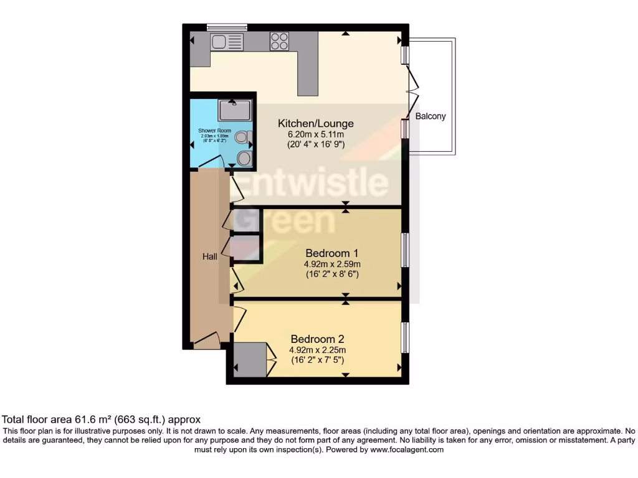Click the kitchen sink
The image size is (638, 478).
click(227, 42)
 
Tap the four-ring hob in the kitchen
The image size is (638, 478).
click(279, 42)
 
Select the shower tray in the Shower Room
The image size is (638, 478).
click(234, 110)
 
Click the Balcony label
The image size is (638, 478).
click(431, 116)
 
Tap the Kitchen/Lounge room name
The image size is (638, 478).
click(315, 123)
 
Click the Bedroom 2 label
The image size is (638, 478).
click(317, 339)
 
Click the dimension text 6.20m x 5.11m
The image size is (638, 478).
click(315, 134)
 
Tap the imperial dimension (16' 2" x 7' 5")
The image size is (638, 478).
click(317, 360)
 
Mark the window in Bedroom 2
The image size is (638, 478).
click(404, 337)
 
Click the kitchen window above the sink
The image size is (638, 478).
click(227, 27)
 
